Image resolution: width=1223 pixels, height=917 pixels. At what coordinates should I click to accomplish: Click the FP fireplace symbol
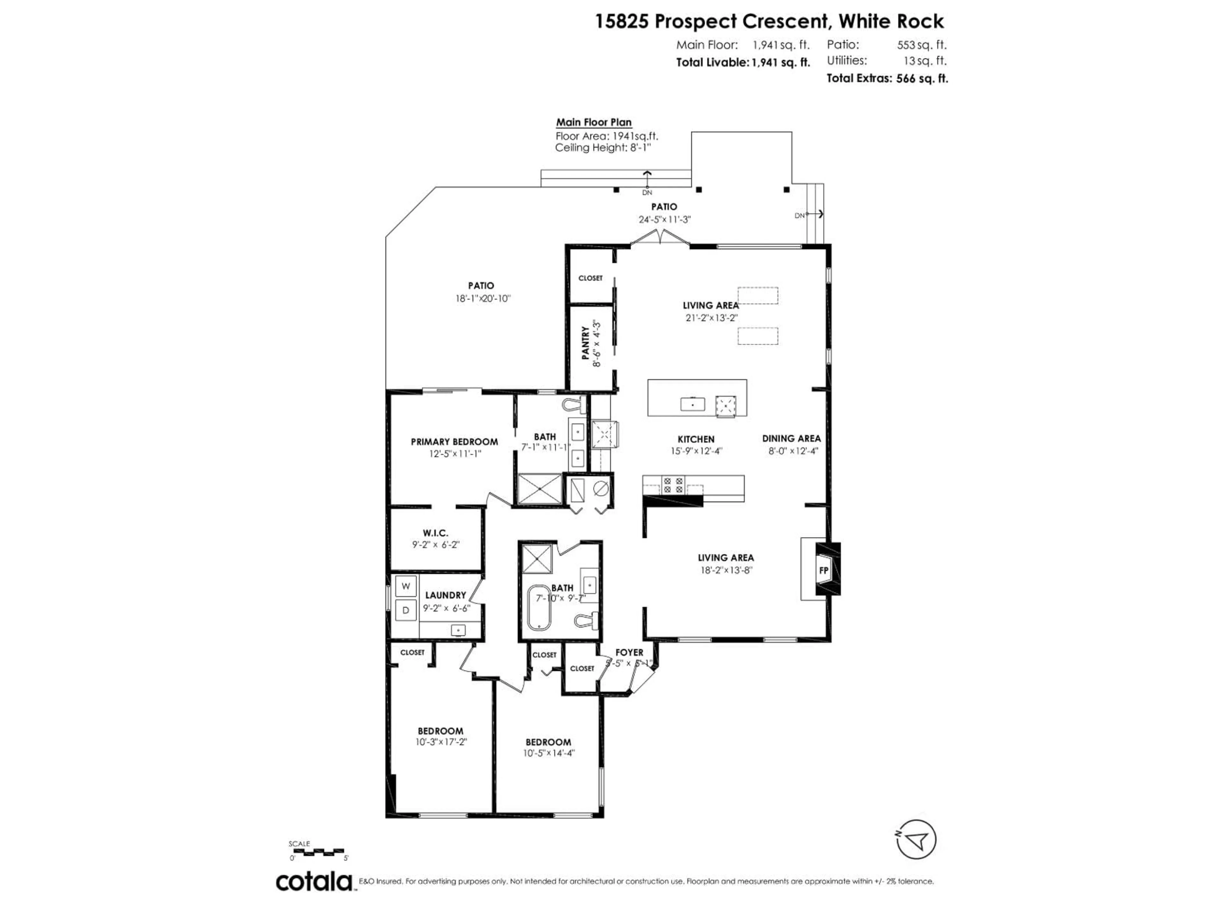tap(823, 570)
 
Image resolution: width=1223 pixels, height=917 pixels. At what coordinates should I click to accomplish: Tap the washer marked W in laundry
tap(406, 586)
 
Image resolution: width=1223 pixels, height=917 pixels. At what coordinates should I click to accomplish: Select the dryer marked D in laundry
tap(406, 610)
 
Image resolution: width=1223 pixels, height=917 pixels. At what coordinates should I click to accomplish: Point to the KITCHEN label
tap(696, 439)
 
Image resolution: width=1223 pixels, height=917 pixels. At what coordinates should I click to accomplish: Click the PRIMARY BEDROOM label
tap(454, 442)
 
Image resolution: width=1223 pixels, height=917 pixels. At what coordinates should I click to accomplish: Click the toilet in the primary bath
tap(574, 405)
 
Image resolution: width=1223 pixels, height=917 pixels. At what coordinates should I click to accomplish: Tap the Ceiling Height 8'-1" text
tap(603, 148)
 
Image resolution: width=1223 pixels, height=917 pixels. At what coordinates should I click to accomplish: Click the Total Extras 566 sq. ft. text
tap(887, 79)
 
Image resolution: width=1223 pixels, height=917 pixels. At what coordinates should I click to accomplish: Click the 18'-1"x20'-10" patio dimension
tap(481, 298)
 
